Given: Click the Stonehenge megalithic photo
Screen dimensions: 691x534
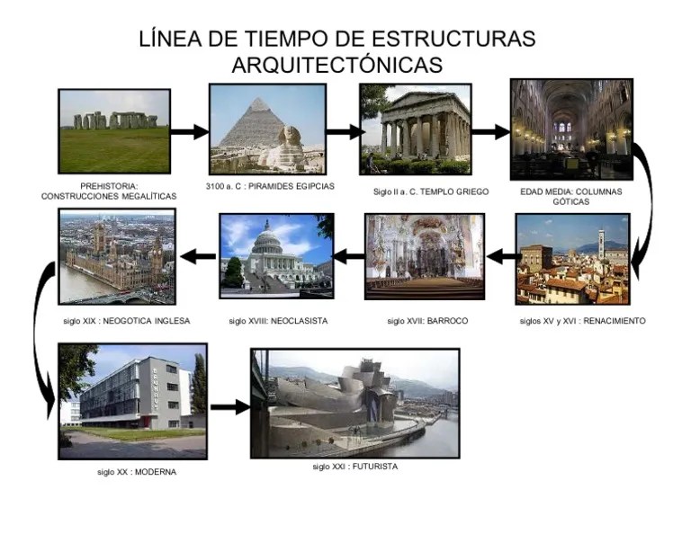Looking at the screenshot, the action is point(114,131).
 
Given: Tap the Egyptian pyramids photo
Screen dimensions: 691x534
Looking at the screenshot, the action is point(267,129).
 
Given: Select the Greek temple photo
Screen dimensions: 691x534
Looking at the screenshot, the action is point(416,129).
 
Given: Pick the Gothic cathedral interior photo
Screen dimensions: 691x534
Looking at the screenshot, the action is point(570,129).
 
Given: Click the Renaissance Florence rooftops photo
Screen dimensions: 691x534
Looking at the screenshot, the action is point(573,259).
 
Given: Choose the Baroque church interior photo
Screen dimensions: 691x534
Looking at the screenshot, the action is point(425,256).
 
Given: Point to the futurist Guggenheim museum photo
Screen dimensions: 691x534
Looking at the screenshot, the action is point(355,404).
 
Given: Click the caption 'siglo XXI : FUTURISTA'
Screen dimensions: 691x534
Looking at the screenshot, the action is point(355,467).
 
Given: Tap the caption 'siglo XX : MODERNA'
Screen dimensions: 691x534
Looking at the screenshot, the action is point(137,472).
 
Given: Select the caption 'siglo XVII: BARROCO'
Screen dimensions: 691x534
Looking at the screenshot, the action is point(427,321).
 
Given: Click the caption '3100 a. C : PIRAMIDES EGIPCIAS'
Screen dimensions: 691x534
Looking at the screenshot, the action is point(270,186).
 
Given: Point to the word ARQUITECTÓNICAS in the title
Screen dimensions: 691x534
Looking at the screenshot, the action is point(337,66).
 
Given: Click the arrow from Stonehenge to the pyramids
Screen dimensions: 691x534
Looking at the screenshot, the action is point(189,132).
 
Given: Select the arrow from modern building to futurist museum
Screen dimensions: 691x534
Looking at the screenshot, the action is point(229,406).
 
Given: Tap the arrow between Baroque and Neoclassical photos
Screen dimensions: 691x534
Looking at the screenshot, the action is point(348,257).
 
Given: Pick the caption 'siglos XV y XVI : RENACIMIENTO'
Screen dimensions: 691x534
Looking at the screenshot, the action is point(582,321).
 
